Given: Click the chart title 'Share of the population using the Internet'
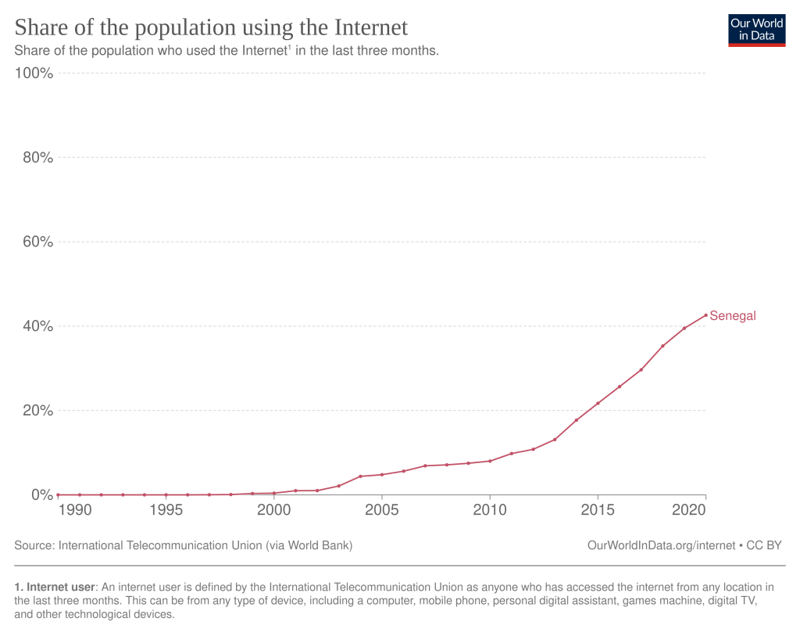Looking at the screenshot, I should click(211, 27).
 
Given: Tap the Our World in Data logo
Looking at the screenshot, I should click(756, 30).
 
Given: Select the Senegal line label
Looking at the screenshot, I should click(732, 316).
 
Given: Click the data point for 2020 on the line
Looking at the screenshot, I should click(705, 315).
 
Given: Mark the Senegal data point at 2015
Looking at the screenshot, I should click(598, 404).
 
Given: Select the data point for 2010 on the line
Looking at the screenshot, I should click(490, 461).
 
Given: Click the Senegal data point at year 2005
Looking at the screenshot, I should click(381, 475).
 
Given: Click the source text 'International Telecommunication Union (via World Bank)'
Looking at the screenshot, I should click(205, 545).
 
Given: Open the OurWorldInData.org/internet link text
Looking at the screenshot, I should click(661, 545).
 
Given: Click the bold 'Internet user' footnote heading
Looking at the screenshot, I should click(59, 587).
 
